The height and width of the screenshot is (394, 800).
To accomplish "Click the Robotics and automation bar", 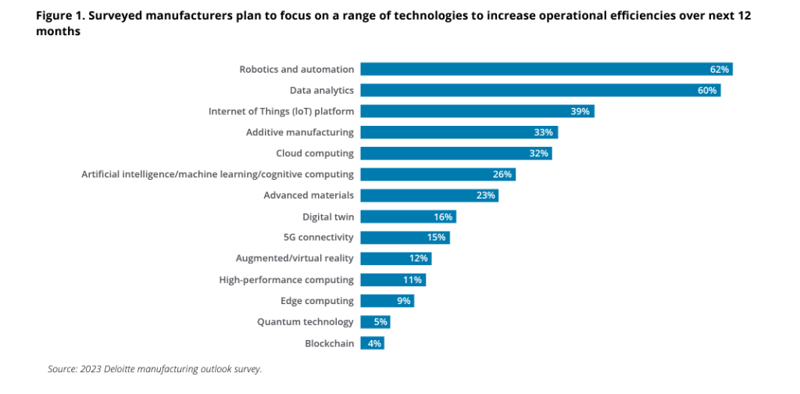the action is (x=546, y=70).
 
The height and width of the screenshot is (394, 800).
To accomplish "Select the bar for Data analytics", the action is (x=541, y=91).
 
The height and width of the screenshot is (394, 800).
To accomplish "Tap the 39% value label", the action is (x=580, y=112).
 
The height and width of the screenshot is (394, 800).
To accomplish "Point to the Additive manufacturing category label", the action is (x=299, y=132).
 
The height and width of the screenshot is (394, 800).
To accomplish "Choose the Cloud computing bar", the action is (x=456, y=153).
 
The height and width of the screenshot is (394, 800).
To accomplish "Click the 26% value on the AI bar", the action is (x=502, y=174).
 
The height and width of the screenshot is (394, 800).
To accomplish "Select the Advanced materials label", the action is (x=309, y=195).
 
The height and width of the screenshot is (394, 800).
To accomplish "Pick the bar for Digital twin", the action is (x=408, y=217).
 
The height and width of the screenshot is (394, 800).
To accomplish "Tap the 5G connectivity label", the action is (x=319, y=238).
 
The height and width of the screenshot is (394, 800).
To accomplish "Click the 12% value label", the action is (x=419, y=259).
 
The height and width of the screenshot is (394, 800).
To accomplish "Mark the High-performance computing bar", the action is (x=394, y=280).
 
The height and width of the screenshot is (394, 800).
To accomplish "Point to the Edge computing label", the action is (x=317, y=301).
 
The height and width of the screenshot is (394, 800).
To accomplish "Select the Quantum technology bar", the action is (x=376, y=322).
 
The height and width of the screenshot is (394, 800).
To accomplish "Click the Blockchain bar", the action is (x=373, y=343).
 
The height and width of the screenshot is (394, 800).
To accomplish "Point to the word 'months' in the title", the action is (x=59, y=31).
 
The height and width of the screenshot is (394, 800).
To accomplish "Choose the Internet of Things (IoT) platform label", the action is (x=281, y=111).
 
